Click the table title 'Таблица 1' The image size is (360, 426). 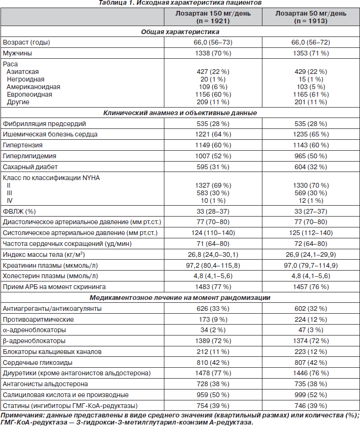pyautogui.click(x=116, y=3)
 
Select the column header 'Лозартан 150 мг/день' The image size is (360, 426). pyautogui.click(x=213, y=13)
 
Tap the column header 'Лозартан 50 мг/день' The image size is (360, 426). pyautogui.click(x=311, y=13)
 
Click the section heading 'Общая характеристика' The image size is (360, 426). pyautogui.click(x=180, y=32)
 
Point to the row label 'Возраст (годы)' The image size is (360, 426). pyautogui.click(x=27, y=42)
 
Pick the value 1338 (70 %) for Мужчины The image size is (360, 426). pyautogui.click(x=213, y=53)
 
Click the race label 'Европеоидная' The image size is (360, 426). pyautogui.click(x=29, y=95)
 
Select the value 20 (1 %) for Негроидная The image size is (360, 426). pyautogui.click(x=213, y=79)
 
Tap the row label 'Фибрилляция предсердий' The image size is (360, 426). pyautogui.click(x=44, y=124)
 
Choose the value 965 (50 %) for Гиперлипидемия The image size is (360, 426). pyautogui.click(x=311, y=156)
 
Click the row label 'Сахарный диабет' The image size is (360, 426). pyautogui.click(x=30, y=167)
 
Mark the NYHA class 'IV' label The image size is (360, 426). pyautogui.click(x=9, y=201)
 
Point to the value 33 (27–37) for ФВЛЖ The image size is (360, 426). pyautogui.click(x=311, y=211)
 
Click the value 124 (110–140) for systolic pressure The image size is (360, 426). pyautogui.click(x=213, y=233)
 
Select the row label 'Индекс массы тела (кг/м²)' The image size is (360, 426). pyautogui.click(x=44, y=254)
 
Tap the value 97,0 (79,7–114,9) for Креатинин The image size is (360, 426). pyautogui.click(x=311, y=265)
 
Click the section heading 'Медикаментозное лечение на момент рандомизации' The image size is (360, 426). pyautogui.click(x=180, y=298)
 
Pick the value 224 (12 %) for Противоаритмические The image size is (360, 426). pyautogui.click(x=311, y=319)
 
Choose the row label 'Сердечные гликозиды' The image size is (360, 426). pyautogui.click(x=37, y=363)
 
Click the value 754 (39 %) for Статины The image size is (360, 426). pyautogui.click(x=213, y=406)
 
